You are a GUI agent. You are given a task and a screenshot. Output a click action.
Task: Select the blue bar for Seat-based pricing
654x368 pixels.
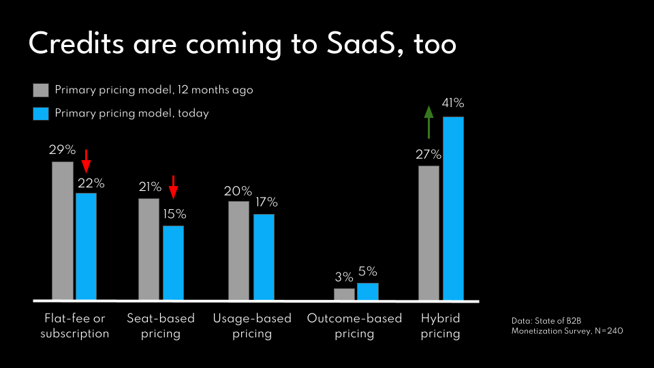[173, 262]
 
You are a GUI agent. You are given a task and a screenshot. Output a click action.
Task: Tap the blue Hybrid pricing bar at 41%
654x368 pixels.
[453, 208]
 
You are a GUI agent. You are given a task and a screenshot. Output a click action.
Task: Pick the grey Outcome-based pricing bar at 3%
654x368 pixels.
[344, 294]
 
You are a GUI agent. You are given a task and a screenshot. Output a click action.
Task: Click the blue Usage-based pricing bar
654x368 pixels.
[264, 257]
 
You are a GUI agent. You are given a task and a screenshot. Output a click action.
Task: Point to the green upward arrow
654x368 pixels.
[429, 122]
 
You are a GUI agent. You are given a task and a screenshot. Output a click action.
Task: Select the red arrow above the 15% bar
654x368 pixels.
[173, 186]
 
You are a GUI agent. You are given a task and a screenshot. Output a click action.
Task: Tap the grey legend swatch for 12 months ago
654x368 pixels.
[41, 91]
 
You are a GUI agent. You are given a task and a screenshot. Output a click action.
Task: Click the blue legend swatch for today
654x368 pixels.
[41, 114]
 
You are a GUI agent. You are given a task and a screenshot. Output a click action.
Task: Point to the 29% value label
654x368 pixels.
[62, 149]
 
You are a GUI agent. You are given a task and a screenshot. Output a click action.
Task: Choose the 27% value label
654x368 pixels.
[429, 154]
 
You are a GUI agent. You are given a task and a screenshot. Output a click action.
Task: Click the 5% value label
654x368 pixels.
[367, 271]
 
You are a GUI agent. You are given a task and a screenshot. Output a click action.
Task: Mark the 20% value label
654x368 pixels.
[238, 191]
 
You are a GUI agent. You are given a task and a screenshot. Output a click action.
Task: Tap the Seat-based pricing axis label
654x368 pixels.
[161, 326]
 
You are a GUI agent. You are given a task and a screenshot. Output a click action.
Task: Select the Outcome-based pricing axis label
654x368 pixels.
[354, 326]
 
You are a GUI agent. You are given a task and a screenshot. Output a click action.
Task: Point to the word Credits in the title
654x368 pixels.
[76, 44]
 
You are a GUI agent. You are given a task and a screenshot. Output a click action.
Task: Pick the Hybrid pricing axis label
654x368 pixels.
[440, 326]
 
